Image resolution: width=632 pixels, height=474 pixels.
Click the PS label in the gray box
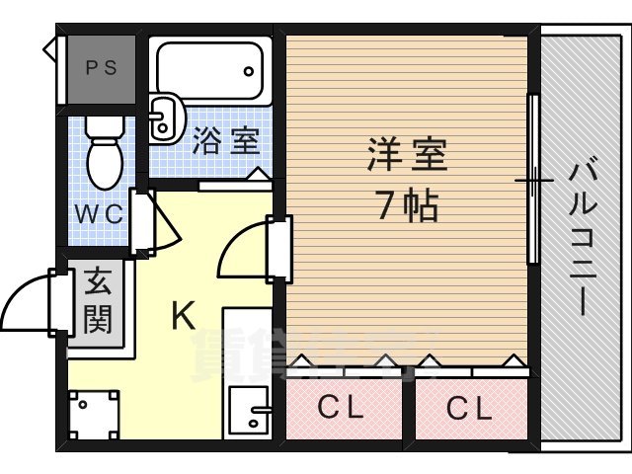(100, 68)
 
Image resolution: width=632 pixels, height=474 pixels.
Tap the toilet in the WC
(102, 153)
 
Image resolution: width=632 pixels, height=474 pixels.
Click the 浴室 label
(226, 141)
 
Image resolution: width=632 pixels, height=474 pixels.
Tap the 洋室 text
(407, 155)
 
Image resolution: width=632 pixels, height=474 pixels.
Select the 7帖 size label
(406, 206)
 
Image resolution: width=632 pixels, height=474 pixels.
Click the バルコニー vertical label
(582, 237)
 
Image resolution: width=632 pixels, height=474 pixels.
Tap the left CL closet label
(341, 406)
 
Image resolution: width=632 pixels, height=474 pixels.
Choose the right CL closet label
(468, 406)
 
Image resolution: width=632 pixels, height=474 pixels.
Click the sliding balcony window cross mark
(533, 181)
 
